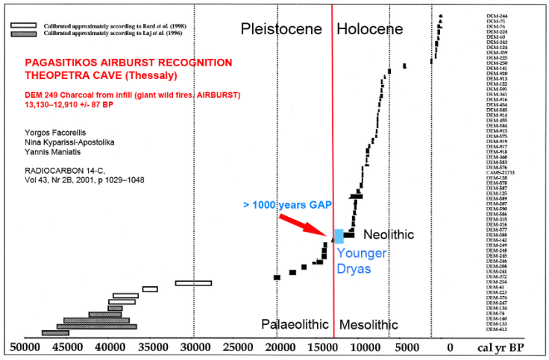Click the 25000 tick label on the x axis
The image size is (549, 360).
click(238, 347)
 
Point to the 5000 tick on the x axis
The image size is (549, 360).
click(407, 347)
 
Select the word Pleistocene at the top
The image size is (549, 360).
click(281, 29)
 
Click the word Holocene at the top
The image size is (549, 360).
click(369, 29)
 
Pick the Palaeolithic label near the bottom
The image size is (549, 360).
click(295, 325)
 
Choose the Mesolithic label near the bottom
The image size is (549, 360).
click(368, 325)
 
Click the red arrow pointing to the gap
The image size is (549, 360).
click(304, 225)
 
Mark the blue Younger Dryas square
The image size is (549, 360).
click(339, 236)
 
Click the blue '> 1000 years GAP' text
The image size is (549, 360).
click(287, 204)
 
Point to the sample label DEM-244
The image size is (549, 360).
click(497, 16)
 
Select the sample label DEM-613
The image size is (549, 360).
click(497, 329)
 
